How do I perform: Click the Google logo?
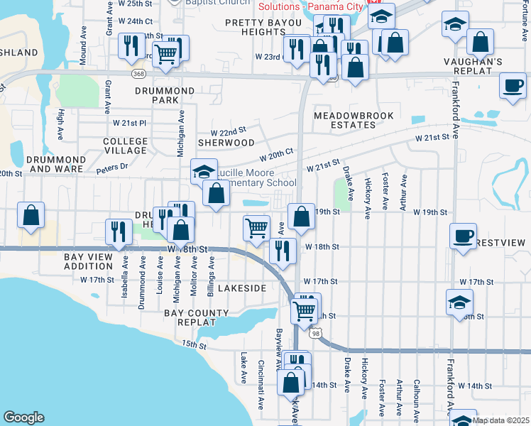23,417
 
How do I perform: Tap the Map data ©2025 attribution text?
501,420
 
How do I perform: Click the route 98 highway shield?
315,332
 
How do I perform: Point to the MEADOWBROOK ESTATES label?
345,120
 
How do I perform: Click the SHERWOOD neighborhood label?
226,143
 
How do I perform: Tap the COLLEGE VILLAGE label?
126,146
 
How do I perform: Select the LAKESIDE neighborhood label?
241,288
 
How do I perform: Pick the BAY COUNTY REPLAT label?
197,317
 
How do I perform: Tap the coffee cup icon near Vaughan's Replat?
513,86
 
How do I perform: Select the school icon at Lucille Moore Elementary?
203,171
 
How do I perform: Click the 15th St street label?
192,345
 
